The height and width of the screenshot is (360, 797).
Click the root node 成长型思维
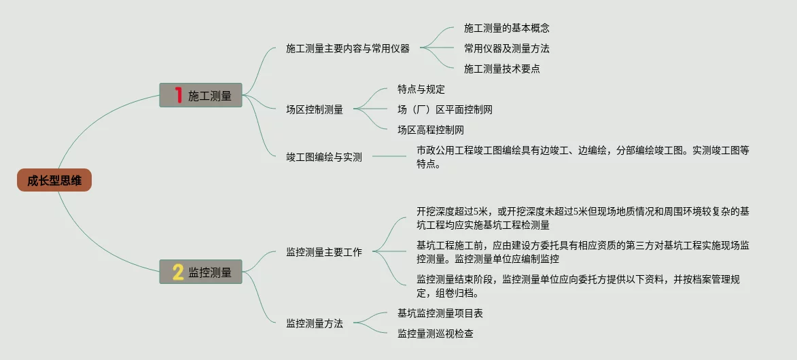click(54, 181)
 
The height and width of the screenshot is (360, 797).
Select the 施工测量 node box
click(201, 95)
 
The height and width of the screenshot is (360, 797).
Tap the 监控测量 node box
click(201, 272)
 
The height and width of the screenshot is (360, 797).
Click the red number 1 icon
click(179, 95)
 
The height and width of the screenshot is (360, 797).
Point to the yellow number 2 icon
click(178, 272)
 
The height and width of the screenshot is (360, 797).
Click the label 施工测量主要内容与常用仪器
click(348, 49)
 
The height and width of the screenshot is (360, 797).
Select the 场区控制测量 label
click(315, 109)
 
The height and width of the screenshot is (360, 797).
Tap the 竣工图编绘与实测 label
click(324, 157)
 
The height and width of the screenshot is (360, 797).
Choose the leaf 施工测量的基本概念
click(507, 29)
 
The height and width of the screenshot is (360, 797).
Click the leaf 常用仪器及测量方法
click(507, 49)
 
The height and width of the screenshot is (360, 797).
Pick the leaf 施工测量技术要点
click(502, 69)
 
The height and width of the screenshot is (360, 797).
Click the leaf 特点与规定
click(421, 89)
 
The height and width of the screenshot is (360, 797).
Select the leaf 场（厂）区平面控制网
click(445, 109)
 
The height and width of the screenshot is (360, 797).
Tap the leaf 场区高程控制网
click(431, 130)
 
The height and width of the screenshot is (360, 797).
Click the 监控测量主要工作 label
click(324, 252)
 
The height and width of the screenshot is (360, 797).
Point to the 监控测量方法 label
click(315, 323)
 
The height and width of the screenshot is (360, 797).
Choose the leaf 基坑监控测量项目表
click(440, 313)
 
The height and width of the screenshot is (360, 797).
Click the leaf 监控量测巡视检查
click(436, 334)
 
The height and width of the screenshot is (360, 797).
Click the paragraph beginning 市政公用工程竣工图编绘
click(582, 157)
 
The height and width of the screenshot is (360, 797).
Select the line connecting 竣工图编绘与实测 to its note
click(389, 157)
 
